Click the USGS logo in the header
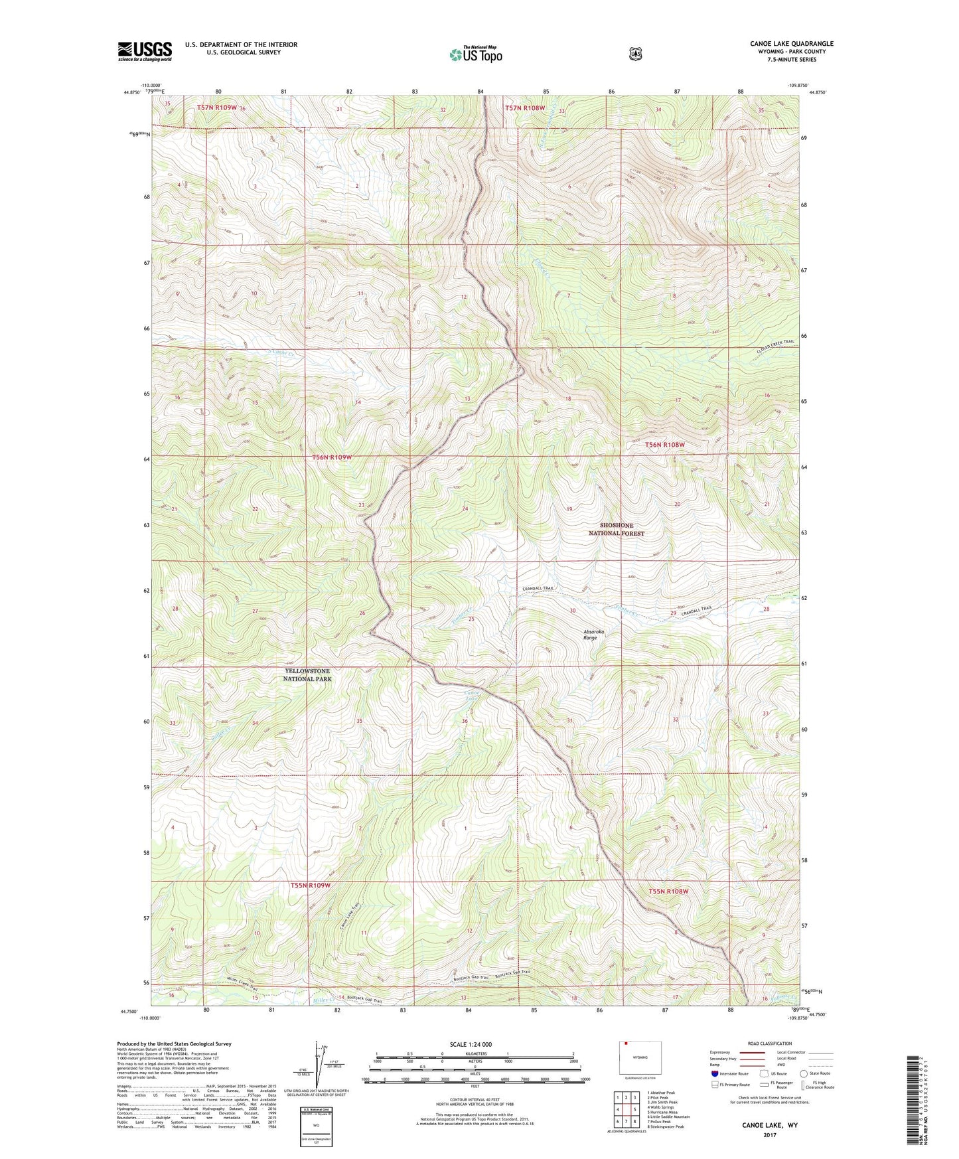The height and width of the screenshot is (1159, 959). [x=145, y=51]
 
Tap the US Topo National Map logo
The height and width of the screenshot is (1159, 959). [x=475, y=54]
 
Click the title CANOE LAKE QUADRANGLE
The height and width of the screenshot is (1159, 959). [x=791, y=44]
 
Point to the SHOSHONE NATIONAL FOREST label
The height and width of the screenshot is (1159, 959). [x=617, y=529]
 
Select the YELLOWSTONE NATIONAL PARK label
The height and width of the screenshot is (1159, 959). [x=307, y=675]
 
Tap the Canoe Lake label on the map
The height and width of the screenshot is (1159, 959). [x=471, y=695]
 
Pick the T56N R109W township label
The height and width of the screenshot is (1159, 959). [x=332, y=457]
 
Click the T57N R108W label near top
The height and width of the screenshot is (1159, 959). [x=524, y=108]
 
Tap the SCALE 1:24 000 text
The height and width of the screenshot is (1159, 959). [x=471, y=1044]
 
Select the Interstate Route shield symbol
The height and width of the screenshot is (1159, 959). [x=714, y=1073]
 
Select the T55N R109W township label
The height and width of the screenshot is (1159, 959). [x=310, y=886]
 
